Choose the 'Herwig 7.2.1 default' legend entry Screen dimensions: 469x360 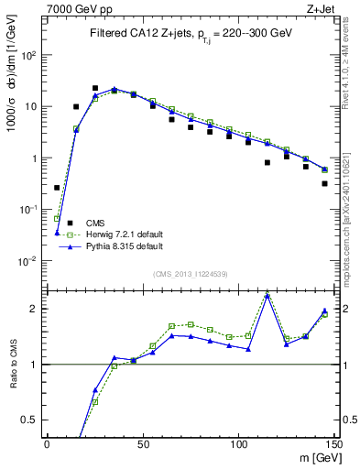click(x=124, y=234)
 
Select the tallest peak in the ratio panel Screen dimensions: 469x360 click(x=267, y=295)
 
